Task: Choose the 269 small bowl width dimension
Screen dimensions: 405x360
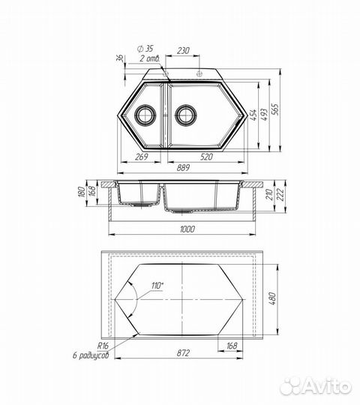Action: click(139, 157)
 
